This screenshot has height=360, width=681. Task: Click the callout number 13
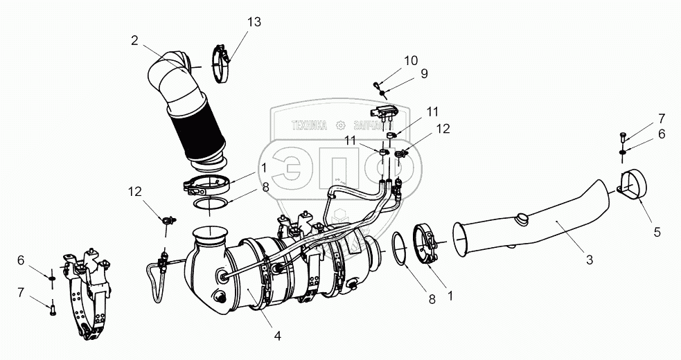pos(255,23)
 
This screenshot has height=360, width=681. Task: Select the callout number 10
pos(411,60)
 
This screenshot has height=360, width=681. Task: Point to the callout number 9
pos(424,73)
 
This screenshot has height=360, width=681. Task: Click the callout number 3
pos(590,260)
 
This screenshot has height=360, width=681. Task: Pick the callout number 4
pos(277,336)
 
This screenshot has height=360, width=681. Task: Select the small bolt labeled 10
pos(378,86)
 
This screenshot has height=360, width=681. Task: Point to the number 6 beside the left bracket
pos(21,260)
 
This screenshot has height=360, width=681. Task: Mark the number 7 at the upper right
pos(662,118)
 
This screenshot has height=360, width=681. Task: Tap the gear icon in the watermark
pos(340,126)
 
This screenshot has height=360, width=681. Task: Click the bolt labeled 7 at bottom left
pos(53,308)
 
